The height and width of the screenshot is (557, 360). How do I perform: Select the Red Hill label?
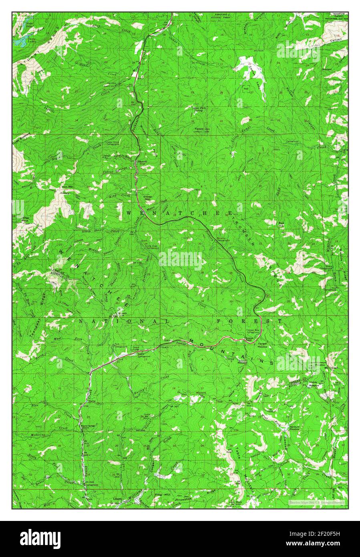pyautogui.click(x=282, y=224)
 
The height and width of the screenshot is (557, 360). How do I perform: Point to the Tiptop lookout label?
pyautogui.click(x=199, y=129)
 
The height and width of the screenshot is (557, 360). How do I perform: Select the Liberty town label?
pyautogui.click(x=117, y=499)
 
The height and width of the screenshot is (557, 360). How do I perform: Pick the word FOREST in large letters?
pyautogui.click(x=249, y=321)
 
